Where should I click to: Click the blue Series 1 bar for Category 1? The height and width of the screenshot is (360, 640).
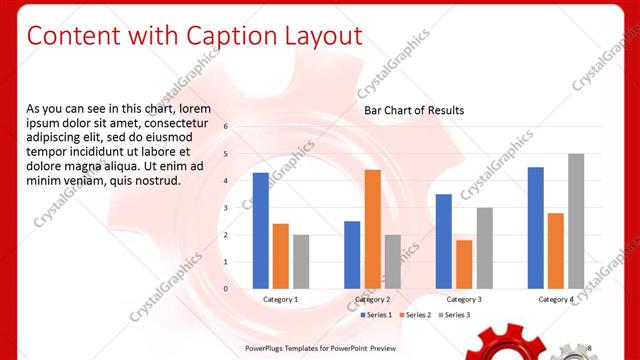pos(260,231)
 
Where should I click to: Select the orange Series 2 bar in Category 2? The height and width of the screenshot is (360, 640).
pos(372,229)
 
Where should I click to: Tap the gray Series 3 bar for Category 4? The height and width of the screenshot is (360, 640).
pos(576,221)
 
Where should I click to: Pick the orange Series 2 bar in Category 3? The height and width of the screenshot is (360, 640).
pos(464,264)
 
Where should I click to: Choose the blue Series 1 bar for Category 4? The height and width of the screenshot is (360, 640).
pos(536,228)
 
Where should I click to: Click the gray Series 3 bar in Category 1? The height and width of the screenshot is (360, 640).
pos(301,262)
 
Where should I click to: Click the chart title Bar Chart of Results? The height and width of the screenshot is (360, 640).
pos(414,110)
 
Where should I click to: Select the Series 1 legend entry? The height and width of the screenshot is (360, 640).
pos(377,315)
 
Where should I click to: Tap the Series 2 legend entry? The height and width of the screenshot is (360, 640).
pos(416,315)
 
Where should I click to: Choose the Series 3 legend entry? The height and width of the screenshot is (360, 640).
pos(455,315)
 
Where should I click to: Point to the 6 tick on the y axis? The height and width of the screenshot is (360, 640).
pos(226,127)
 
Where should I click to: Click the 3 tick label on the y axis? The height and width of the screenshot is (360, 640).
pos(226,208)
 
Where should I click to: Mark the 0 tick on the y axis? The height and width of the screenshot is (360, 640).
pos(226,289)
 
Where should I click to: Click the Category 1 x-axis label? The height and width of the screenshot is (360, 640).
pos(280,299)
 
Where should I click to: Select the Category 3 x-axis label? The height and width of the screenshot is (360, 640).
pos(464,299)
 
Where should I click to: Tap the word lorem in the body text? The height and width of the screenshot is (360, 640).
pos(196,108)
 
